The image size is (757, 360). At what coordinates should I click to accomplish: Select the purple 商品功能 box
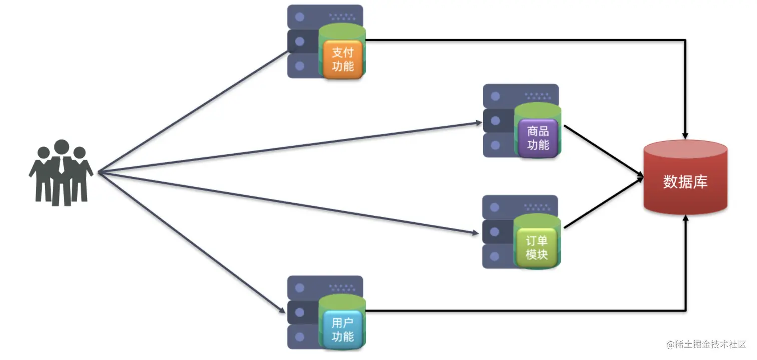(538, 138)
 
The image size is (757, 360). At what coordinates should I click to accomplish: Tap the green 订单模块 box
(537, 247)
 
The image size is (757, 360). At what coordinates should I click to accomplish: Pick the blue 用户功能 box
(343, 330)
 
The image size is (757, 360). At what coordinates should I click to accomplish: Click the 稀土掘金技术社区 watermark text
(706, 345)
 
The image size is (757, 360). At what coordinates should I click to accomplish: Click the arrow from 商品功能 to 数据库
(603, 151)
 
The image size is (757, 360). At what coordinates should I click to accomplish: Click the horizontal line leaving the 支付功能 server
(526, 40)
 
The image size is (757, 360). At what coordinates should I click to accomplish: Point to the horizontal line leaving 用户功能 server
(526, 310)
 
